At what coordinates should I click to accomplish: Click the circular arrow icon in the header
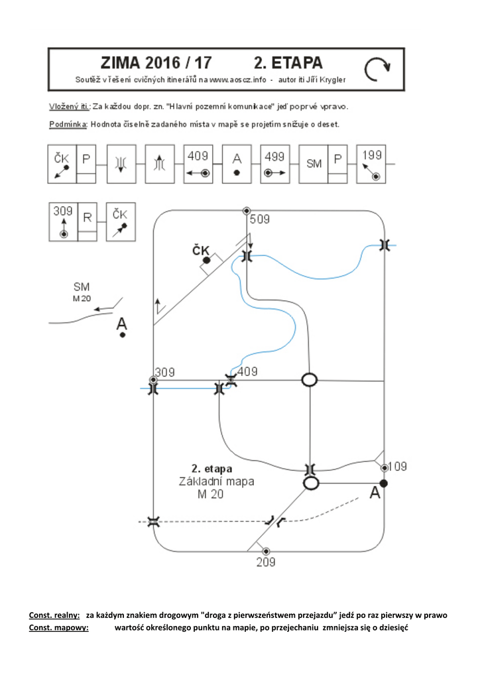click(x=377, y=69)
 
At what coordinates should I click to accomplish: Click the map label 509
click(x=260, y=219)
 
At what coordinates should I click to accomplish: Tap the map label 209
click(x=266, y=562)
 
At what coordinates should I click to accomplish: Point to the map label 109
click(x=397, y=466)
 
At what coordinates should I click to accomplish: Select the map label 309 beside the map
click(x=165, y=373)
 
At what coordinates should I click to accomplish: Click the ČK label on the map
click(x=201, y=250)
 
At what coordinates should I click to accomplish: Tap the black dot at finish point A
click(x=383, y=483)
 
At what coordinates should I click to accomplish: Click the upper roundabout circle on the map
click(x=309, y=380)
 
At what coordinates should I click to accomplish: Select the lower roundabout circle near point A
click(x=311, y=483)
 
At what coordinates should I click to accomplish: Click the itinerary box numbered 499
click(x=275, y=164)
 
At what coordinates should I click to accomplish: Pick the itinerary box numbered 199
click(x=371, y=164)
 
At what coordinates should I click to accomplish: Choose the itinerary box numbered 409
click(x=198, y=164)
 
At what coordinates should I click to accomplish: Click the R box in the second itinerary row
click(x=87, y=221)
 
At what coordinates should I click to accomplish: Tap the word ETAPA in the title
click(x=288, y=63)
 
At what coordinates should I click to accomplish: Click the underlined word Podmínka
click(x=68, y=124)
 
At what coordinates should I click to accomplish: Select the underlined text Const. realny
click(x=54, y=615)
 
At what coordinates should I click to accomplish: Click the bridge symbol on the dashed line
click(x=153, y=521)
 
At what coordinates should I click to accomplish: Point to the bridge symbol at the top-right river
click(x=385, y=245)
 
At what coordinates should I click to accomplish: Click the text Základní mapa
click(x=216, y=481)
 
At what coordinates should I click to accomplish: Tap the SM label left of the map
click(x=82, y=286)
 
